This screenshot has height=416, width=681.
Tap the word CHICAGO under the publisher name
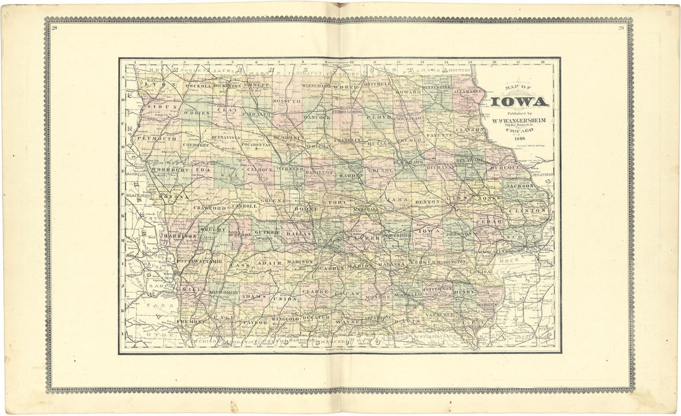(x=519, y=131)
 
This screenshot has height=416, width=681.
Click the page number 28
(x=54, y=28)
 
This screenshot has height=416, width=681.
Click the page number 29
(x=621, y=28)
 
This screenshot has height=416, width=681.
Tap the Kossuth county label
(x=287, y=100)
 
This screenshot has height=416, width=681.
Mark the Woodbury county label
(x=164, y=169)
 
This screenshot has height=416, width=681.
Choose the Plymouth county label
(x=157, y=139)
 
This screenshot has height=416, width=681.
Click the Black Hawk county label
(x=408, y=162)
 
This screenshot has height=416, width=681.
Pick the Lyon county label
(x=147, y=82)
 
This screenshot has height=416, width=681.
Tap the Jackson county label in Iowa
(x=520, y=185)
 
